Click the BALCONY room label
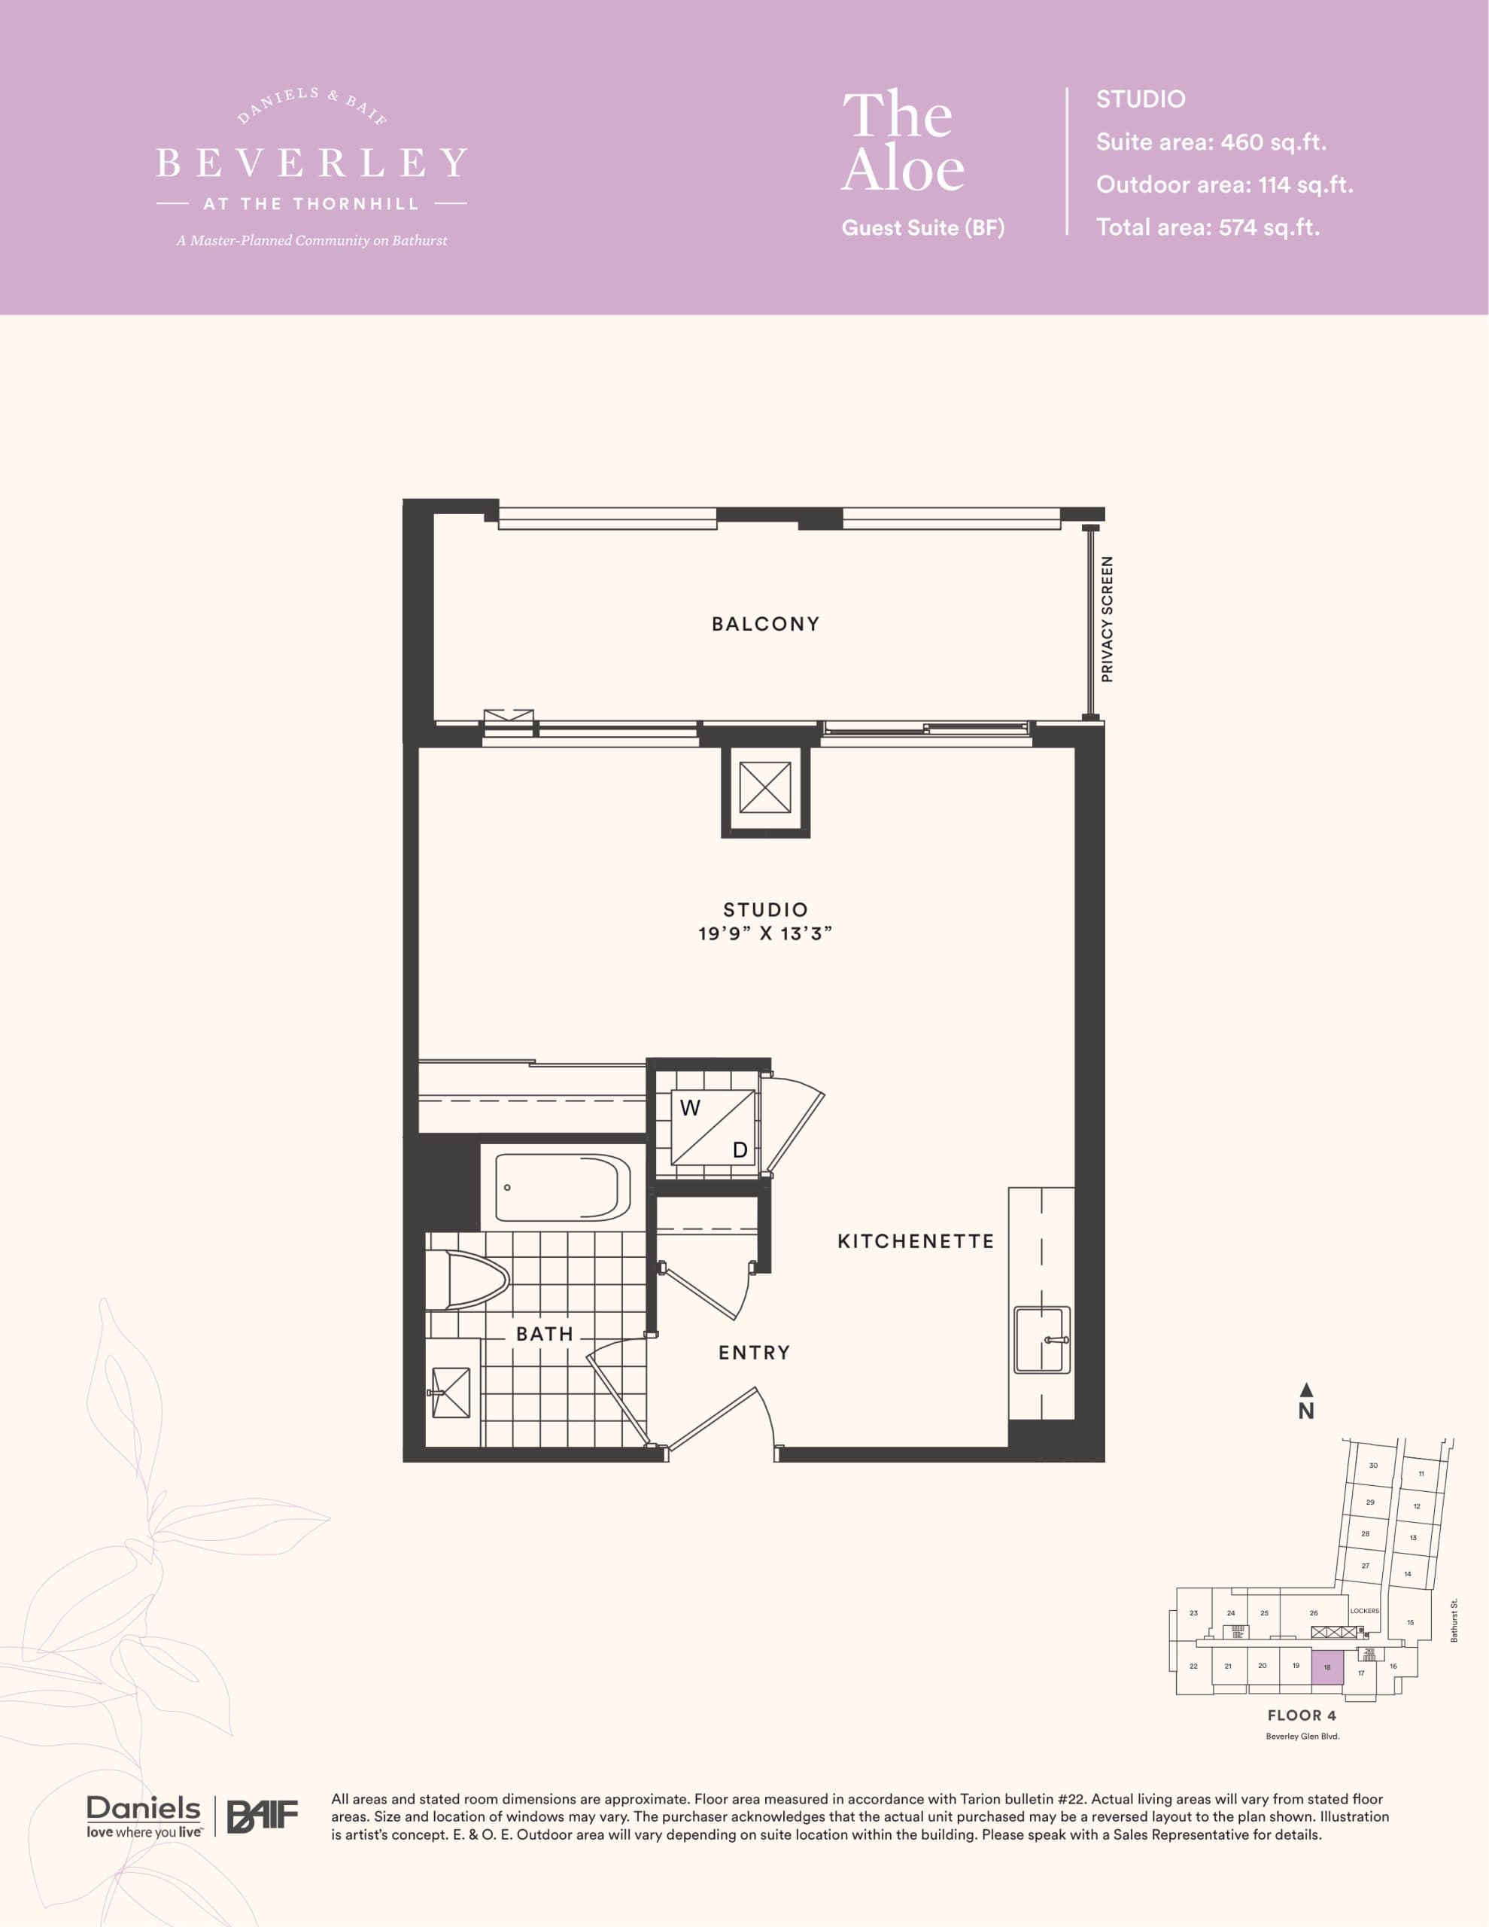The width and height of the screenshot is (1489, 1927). tap(764, 624)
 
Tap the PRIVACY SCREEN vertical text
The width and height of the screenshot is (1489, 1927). tap(1107, 620)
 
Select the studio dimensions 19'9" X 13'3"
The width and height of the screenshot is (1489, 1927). tap(764, 933)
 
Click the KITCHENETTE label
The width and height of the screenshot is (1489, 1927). tap(916, 1241)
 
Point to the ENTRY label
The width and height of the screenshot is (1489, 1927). tap(753, 1353)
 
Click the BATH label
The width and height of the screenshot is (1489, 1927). tap(544, 1334)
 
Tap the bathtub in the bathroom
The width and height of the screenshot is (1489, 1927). tap(562, 1188)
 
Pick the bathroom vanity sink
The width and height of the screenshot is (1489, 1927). tap(451, 1393)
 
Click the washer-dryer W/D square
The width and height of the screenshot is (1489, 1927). tap(713, 1128)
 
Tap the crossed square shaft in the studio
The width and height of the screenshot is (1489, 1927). tap(764, 788)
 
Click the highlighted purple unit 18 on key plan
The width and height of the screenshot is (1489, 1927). tap(1326, 1667)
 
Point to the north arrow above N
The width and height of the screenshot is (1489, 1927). tap(1306, 1390)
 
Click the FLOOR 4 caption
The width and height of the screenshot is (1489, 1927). tap(1301, 1715)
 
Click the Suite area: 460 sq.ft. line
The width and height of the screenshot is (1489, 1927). tap(1211, 142)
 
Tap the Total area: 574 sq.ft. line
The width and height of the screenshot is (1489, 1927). tap(1207, 227)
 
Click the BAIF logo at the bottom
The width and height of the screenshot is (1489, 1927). tap(262, 1816)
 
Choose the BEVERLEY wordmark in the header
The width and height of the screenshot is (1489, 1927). tap(311, 163)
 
